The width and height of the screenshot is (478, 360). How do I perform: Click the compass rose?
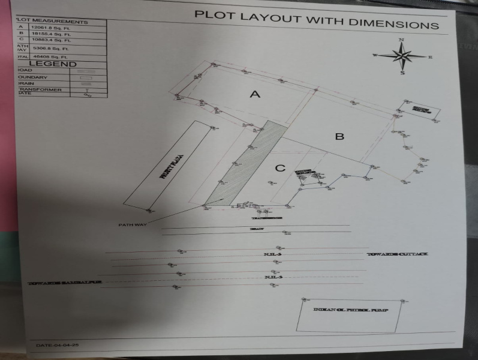[402, 56]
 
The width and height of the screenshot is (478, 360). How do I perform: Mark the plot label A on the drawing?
[255, 94]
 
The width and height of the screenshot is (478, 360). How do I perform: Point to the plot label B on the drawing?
[339, 137]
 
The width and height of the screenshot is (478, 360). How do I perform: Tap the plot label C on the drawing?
[279, 168]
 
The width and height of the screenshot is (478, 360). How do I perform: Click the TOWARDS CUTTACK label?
[397, 255]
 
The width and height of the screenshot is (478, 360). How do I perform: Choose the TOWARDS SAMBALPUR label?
[65, 281]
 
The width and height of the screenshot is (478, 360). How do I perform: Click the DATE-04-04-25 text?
[58, 345]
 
